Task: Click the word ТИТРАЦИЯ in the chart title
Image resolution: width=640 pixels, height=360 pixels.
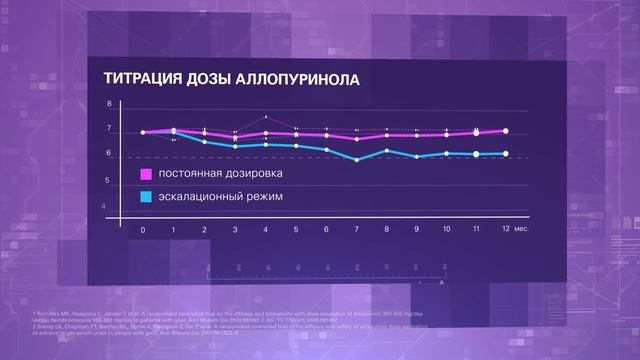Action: [141, 79]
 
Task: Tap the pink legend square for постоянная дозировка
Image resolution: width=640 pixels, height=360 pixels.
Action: [145, 176]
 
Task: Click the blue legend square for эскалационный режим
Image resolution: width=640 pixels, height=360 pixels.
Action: [145, 197]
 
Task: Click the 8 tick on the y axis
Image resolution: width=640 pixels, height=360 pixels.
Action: [110, 105]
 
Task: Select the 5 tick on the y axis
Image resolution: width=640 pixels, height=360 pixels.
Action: [110, 180]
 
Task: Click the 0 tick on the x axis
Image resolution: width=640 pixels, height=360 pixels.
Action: [143, 230]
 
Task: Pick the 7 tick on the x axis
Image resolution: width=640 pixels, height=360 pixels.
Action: [357, 230]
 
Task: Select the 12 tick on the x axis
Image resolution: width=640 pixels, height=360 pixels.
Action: [506, 230]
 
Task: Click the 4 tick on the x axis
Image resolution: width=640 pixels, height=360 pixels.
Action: [266, 230]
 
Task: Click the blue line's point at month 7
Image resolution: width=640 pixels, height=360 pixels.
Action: [357, 160]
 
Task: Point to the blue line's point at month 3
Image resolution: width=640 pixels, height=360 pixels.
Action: [235, 147]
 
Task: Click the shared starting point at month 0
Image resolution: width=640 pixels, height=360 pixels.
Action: [143, 132]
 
